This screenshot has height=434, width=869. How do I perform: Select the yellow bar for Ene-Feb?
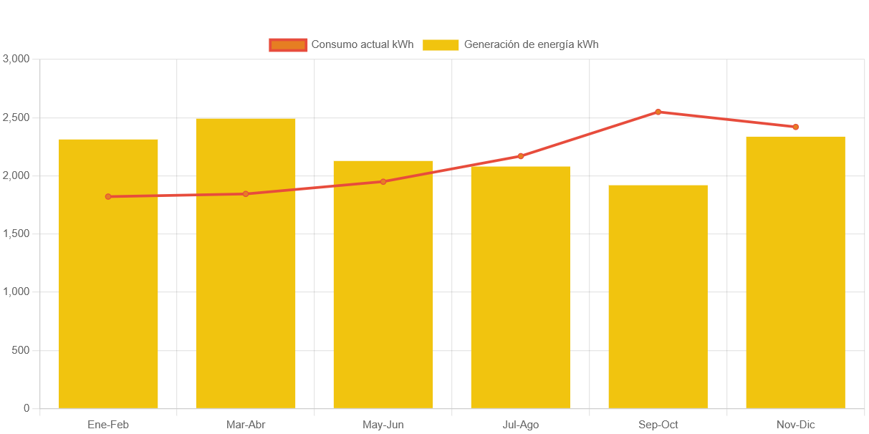pos(108,301)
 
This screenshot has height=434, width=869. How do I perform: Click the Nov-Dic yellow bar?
pos(795,301)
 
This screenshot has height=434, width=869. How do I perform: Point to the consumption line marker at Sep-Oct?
pos(658,112)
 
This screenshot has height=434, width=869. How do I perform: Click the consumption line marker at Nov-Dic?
pos(795,127)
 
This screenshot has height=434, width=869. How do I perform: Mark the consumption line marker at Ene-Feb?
pos(108,196)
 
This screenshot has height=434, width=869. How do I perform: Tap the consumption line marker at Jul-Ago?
pos(521,156)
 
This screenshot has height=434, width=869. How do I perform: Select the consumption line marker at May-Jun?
pos(383,182)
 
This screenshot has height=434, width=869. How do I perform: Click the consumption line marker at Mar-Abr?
pos(246,194)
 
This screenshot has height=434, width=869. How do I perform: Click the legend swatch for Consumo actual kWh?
pos(288,45)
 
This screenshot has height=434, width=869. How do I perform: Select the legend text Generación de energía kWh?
pos(531,44)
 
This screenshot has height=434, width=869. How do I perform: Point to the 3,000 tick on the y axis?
pos(16,59)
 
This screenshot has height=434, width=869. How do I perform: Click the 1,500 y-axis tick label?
pos(16,233)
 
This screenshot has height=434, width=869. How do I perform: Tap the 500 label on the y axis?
pos(21,350)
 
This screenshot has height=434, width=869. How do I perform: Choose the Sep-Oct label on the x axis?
pos(658,425)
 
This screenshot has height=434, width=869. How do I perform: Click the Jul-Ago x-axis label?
pos(521,425)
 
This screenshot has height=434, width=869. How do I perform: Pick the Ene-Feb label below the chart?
pos(108,425)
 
